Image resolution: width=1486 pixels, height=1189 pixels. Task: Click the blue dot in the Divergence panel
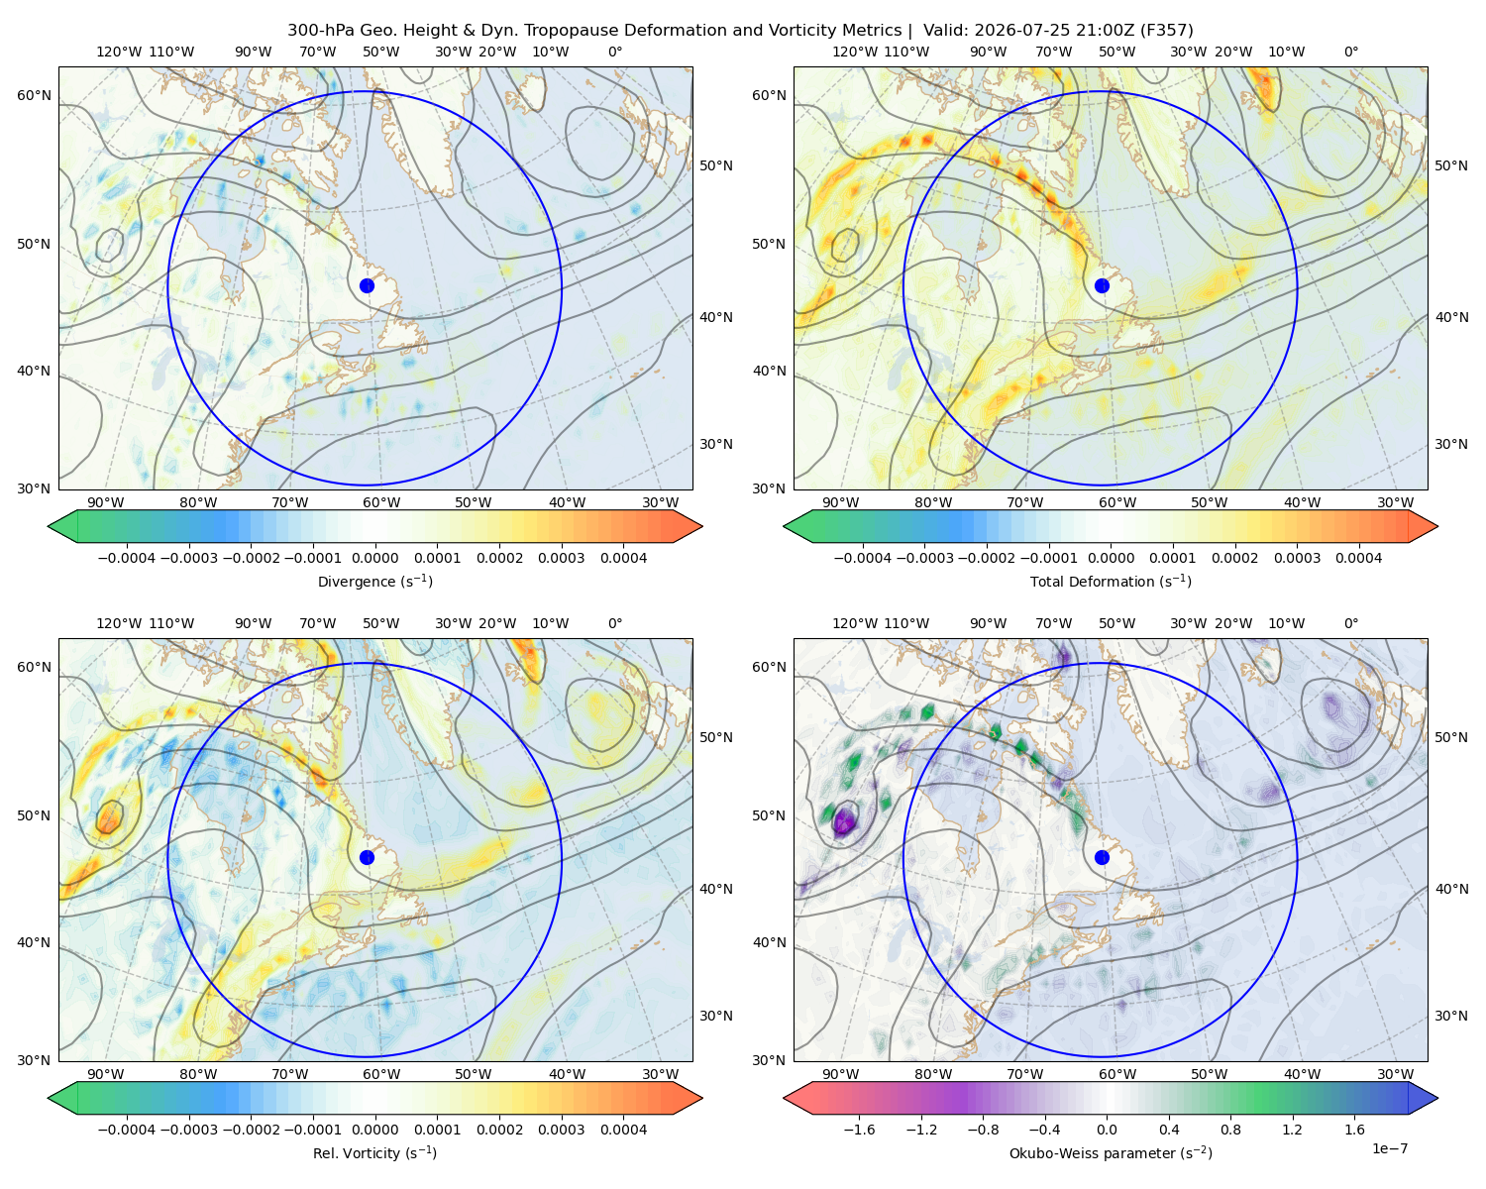367,285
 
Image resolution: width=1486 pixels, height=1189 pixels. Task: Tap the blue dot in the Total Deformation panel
1102,285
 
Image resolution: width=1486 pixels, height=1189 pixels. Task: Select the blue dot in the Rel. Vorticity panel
367,857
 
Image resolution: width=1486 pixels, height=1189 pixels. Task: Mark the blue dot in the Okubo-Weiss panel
1102,857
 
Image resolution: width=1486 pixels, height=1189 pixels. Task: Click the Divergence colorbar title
374,581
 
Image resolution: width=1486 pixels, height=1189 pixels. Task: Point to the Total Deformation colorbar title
1111,581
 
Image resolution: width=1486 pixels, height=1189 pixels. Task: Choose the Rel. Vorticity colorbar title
374,1152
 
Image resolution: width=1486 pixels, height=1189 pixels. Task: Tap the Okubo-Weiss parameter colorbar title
1111,1152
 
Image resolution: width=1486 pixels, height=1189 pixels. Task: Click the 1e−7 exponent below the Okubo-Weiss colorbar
1389,1148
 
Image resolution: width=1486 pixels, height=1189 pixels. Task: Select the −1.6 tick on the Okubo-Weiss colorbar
859,1130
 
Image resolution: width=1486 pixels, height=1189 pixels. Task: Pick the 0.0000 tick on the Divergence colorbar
374,558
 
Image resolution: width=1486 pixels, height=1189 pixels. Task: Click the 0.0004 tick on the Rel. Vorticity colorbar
623,1130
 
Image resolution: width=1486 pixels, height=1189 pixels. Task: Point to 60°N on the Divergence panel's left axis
34,95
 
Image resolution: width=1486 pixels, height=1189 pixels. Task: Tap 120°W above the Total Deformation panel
854,52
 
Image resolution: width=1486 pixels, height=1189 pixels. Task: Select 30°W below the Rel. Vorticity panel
660,1074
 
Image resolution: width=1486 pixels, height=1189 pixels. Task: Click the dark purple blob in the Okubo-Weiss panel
843,821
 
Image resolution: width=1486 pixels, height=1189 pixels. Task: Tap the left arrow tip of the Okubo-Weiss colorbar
784,1098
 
